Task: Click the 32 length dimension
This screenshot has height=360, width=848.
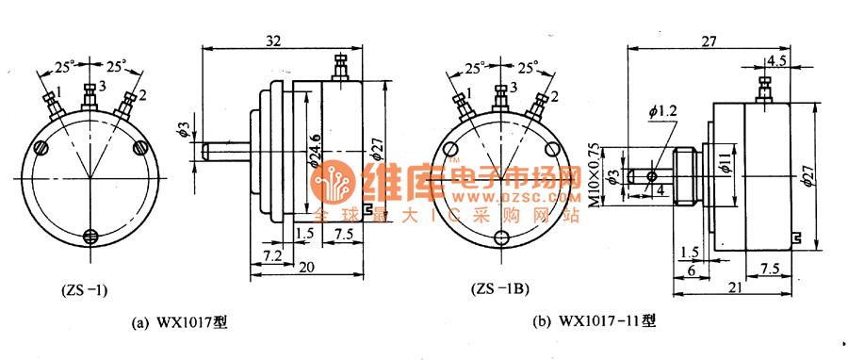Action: [x=273, y=42]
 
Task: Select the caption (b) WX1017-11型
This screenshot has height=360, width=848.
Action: [x=595, y=322]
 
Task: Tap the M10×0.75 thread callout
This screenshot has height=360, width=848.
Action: [x=595, y=175]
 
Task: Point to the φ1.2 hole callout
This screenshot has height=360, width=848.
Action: [x=662, y=111]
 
